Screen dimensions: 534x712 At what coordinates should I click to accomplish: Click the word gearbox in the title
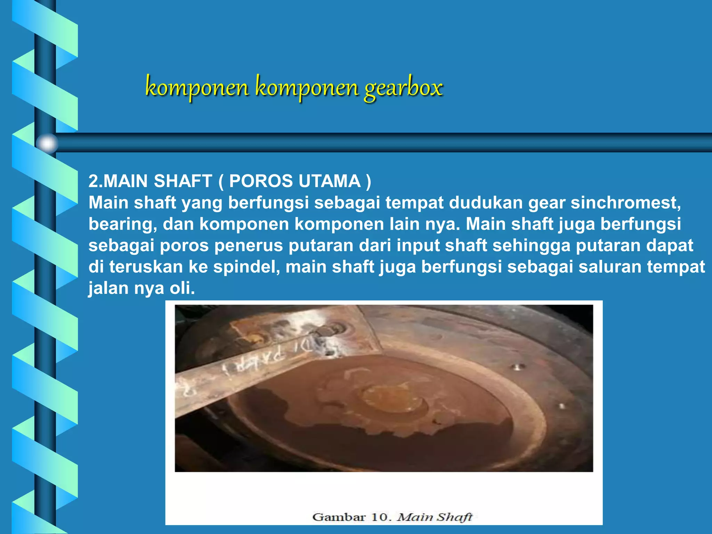403,88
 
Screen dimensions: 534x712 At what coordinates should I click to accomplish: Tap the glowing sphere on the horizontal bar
47,143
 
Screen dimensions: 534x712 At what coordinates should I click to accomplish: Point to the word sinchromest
625,203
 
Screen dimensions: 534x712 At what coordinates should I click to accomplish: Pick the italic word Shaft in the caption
454,517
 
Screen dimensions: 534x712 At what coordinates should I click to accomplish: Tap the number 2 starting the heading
93,181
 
